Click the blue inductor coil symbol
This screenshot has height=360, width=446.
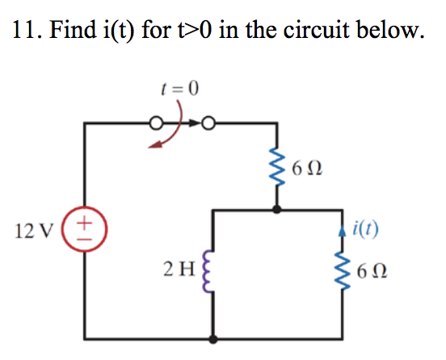click(212, 269)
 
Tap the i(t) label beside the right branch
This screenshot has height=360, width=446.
click(367, 228)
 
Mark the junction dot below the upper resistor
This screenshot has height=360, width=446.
click(278, 209)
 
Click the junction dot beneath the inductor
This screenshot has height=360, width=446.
click(212, 340)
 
